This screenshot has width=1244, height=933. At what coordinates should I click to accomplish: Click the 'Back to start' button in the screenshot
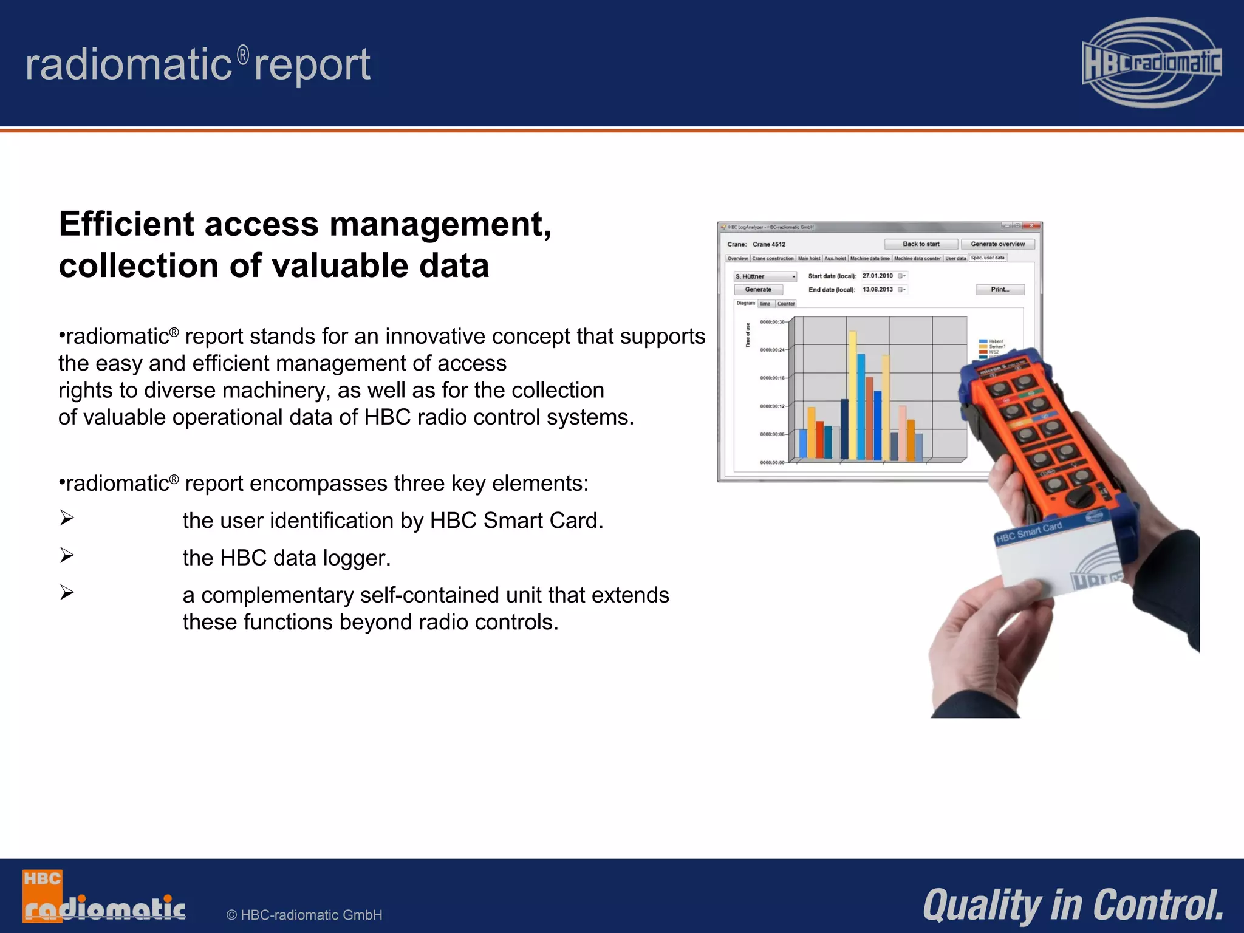[x=921, y=244]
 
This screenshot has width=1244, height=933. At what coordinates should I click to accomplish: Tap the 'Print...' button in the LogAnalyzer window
[x=1000, y=290]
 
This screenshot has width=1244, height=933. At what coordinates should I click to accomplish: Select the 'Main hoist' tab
[x=809, y=259]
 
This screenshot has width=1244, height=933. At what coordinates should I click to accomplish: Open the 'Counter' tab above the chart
[x=786, y=304]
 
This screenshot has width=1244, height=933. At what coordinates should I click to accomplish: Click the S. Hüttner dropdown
[x=765, y=276]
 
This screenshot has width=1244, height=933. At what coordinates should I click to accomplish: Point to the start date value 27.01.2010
[x=878, y=276]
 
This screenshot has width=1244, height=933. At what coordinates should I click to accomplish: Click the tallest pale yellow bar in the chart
[x=853, y=395]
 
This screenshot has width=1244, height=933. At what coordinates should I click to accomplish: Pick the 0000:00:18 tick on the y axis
[x=773, y=378]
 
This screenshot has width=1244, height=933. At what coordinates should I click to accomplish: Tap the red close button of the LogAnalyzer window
[x=1032, y=227]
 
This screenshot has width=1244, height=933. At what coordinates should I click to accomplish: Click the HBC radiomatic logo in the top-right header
[x=1152, y=63]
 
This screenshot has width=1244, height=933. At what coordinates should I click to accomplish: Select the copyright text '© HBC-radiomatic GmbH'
[x=304, y=915]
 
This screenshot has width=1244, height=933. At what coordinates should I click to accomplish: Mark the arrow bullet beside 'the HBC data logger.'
[x=67, y=555]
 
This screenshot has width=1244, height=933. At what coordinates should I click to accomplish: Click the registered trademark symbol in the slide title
[x=243, y=55]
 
